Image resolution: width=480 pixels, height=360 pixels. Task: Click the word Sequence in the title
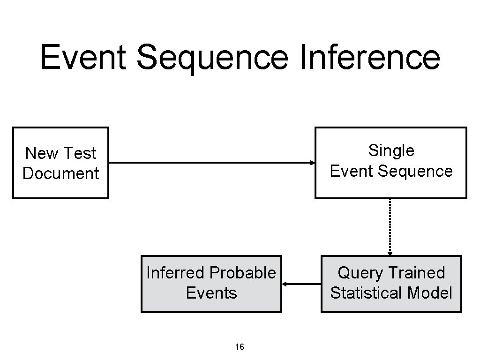pos(212,57)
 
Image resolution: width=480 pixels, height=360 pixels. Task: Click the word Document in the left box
pos(61,173)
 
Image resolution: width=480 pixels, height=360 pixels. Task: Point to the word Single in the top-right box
pos(391,150)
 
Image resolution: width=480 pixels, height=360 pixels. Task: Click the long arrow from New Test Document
pos(211,163)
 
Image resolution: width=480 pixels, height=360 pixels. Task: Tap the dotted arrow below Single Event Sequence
pos(390,227)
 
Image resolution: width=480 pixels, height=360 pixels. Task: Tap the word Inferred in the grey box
pos(176,273)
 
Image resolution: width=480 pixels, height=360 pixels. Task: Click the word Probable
pos(243,273)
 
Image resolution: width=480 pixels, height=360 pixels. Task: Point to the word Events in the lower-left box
pos(211,293)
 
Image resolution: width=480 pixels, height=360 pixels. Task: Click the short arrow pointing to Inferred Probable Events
pos(301,284)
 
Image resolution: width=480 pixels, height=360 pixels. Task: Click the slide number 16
pos(240,347)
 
